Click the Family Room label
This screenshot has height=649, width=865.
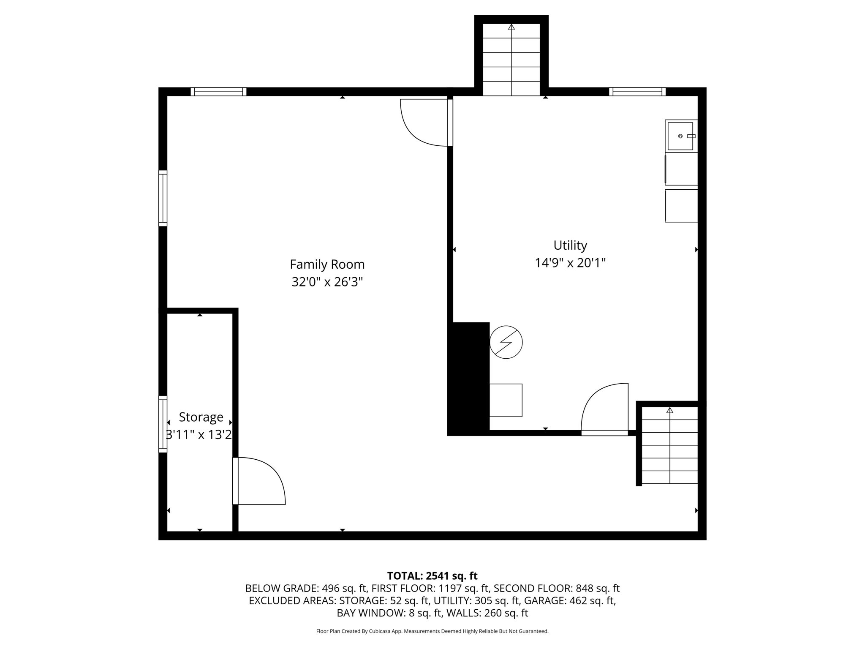(x=327, y=265)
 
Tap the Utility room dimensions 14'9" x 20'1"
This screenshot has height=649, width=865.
(x=570, y=263)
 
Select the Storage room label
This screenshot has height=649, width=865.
(x=201, y=417)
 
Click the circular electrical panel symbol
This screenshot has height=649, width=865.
(x=506, y=342)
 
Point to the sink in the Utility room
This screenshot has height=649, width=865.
(x=680, y=136)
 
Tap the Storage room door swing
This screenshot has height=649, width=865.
(x=258, y=482)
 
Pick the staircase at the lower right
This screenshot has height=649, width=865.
(x=669, y=446)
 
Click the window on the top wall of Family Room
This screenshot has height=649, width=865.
(x=218, y=92)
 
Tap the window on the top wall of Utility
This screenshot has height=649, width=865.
(x=637, y=92)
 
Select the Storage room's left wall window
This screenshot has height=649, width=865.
(x=163, y=424)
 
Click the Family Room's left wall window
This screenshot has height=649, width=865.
(x=163, y=198)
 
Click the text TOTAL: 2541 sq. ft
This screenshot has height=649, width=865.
(x=432, y=575)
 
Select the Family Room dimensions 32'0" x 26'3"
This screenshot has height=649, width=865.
(x=327, y=282)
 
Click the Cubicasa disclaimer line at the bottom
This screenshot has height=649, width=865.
(x=432, y=631)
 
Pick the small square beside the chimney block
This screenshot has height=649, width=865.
(x=506, y=400)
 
